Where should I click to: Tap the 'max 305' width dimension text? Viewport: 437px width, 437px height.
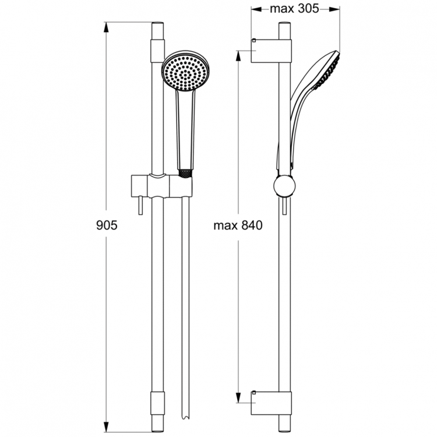coord(294,9)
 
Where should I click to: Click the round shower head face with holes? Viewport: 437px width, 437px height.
coord(186,73)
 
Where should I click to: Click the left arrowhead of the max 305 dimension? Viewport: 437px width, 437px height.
coord(253,9)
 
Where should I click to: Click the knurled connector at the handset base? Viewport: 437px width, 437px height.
coord(184,173)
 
